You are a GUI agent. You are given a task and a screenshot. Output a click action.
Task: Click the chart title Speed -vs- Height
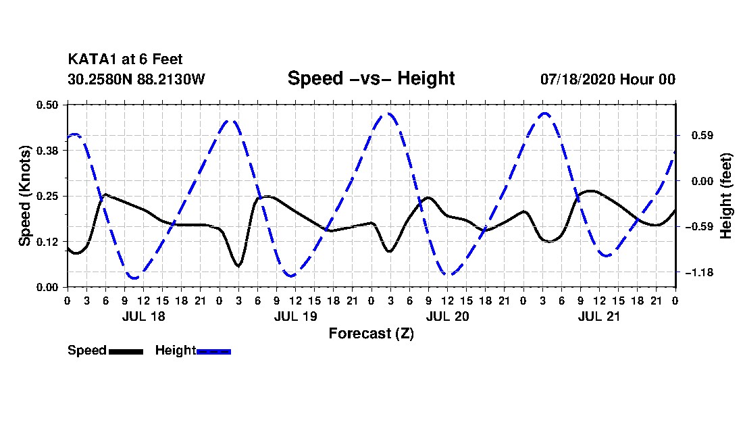click(x=371, y=78)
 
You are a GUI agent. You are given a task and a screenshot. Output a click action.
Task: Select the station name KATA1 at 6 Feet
click(x=125, y=59)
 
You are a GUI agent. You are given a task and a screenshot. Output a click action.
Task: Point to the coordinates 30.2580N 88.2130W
click(x=136, y=79)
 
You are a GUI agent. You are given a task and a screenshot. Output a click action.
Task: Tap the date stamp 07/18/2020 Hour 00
click(x=608, y=79)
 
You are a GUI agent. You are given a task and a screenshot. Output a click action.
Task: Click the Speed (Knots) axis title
click(x=24, y=196)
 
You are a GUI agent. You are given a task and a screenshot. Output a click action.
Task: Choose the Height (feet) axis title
click(x=725, y=196)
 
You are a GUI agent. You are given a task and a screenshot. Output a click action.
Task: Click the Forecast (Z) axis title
click(x=371, y=334)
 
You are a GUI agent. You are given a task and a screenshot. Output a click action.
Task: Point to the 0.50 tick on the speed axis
click(x=47, y=105)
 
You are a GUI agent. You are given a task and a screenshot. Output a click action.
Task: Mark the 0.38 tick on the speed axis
click(x=47, y=151)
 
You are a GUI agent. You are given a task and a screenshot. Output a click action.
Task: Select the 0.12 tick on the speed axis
click(x=47, y=242)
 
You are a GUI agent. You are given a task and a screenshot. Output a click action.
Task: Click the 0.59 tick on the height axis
click(x=702, y=136)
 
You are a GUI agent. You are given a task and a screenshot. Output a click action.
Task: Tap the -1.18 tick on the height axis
click(x=699, y=273)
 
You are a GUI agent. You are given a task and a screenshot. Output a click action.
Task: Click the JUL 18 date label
click(x=144, y=316)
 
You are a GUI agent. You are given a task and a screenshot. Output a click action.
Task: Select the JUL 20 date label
click(x=447, y=316)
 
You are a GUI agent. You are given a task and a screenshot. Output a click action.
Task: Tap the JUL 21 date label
click(x=599, y=316)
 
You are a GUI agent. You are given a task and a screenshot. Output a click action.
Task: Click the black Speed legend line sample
click(x=126, y=352)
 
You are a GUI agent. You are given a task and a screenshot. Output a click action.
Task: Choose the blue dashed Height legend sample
click(x=213, y=352)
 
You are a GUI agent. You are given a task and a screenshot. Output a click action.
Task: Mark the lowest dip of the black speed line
click(x=238, y=265)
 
